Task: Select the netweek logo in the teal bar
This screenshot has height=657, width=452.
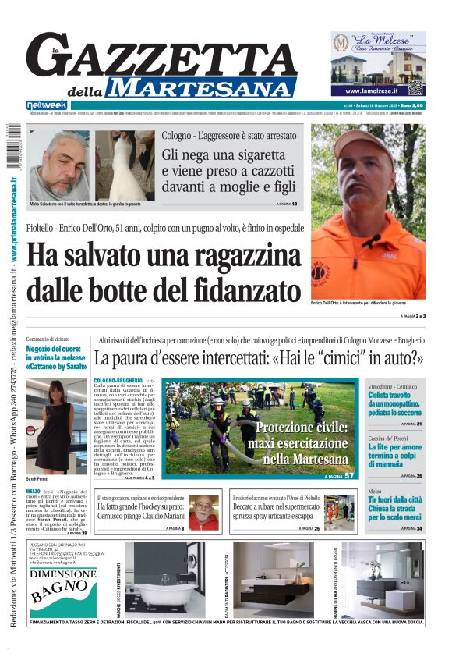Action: (x=46, y=105)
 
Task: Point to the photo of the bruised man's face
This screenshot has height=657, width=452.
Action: (x=58, y=164)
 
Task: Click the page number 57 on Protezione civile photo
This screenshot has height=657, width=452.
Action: (x=350, y=475)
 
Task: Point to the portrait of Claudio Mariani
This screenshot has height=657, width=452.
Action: (x=203, y=513)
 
